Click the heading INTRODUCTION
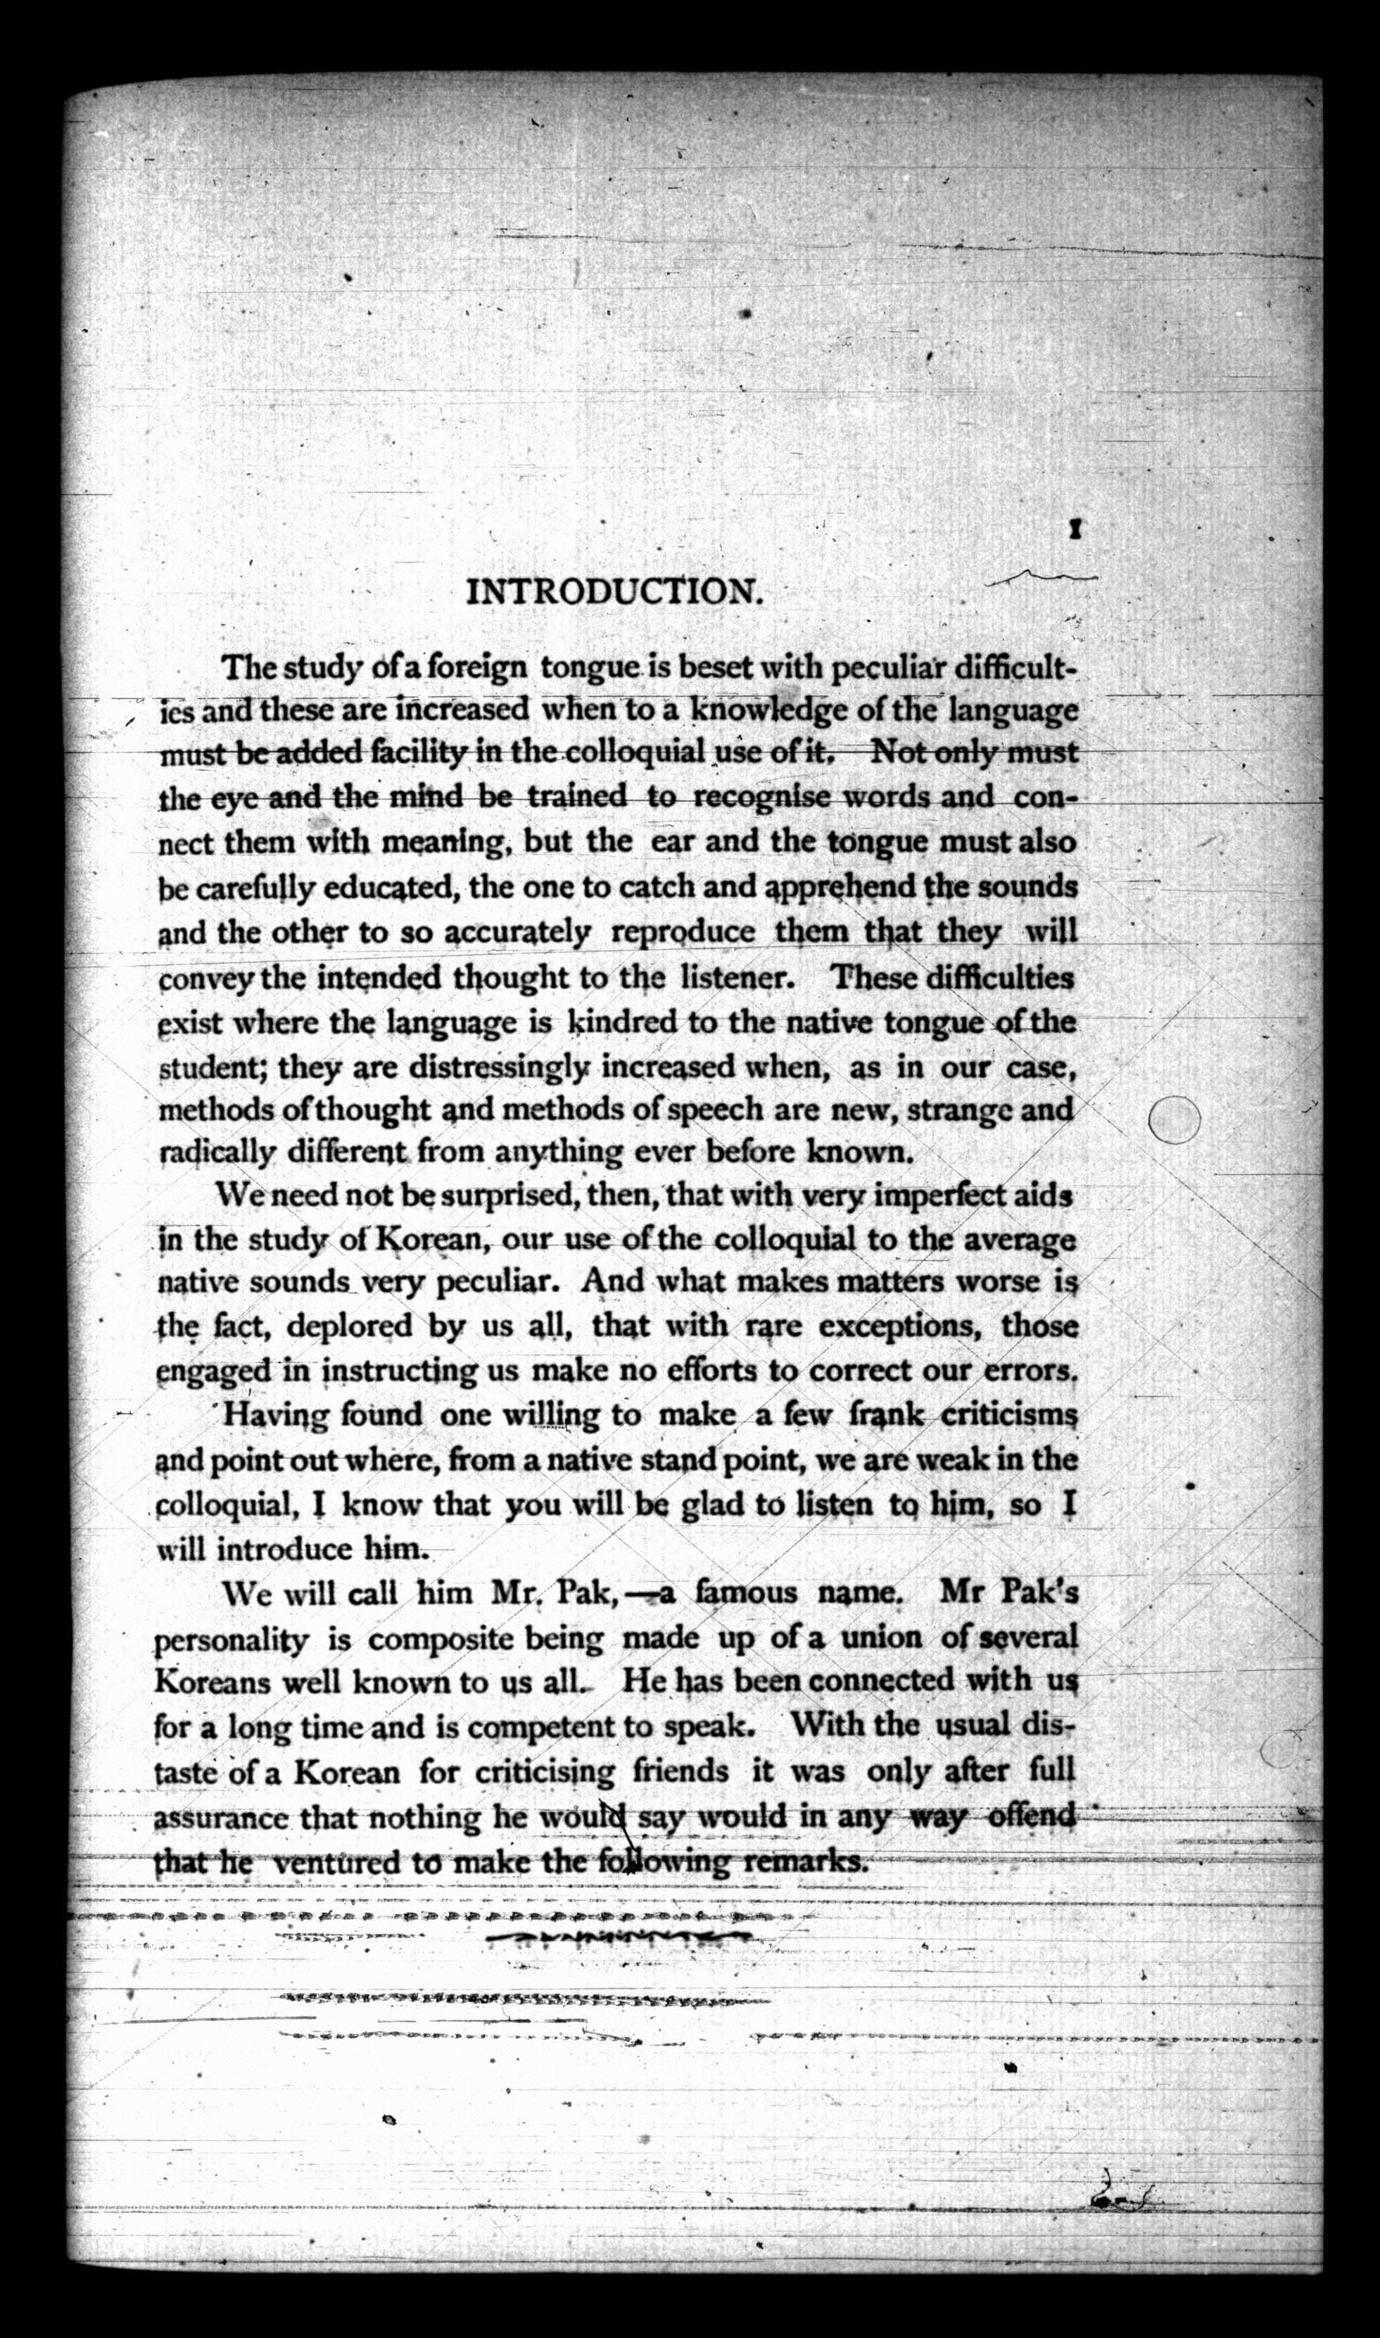click(x=614, y=591)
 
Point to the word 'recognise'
click(x=761, y=797)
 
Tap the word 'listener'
click(x=735, y=976)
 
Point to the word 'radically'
click(x=217, y=1153)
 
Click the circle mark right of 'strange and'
click(x=1174, y=1119)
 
